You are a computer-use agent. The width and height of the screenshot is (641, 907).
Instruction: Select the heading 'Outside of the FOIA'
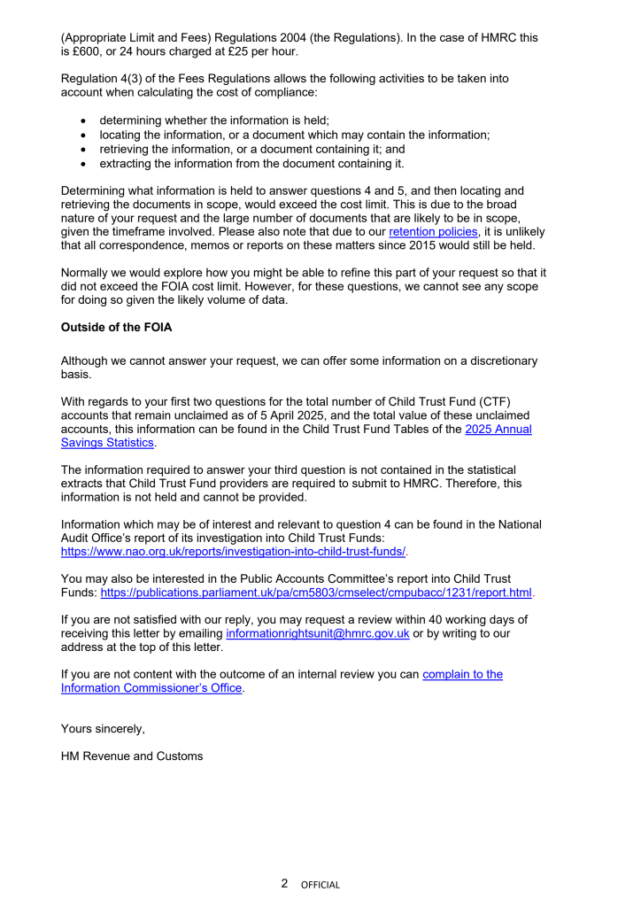[x=116, y=328]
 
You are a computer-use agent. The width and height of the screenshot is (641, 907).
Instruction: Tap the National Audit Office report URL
[x=233, y=551]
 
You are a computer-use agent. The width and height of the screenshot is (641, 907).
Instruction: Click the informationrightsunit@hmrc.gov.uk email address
[x=317, y=634]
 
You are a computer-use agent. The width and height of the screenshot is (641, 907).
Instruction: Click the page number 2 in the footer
[x=284, y=883]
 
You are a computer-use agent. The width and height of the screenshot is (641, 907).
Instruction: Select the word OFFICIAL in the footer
[x=320, y=884]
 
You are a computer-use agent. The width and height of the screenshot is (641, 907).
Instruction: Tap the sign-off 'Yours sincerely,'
[x=103, y=729]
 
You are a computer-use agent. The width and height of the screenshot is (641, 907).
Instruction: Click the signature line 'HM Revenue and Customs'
[x=132, y=756]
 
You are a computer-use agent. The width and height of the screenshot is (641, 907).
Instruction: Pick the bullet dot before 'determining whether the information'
[x=83, y=121]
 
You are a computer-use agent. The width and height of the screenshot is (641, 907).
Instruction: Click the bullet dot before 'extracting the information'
[x=83, y=164]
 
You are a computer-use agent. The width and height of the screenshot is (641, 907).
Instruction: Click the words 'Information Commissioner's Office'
[x=151, y=688]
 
